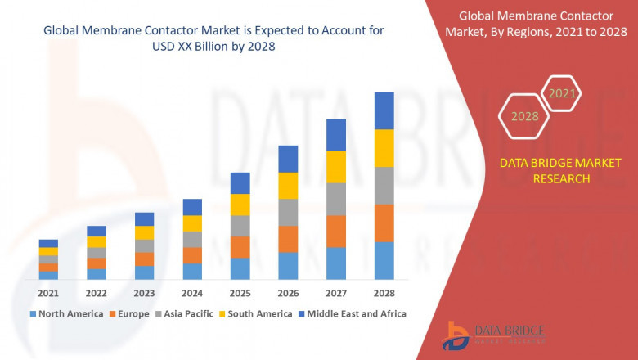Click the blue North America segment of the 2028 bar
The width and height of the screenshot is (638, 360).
384,260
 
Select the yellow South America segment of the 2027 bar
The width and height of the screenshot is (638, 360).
335,167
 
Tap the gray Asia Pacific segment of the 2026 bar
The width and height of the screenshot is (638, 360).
287,212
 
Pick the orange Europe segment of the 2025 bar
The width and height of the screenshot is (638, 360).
240,247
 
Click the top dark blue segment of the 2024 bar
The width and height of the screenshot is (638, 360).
192,207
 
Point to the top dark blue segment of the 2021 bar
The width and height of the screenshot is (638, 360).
48,243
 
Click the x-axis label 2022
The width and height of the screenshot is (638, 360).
96,292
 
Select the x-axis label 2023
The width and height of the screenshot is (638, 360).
144,292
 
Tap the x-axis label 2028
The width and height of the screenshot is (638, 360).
384,292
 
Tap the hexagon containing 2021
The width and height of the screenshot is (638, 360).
562,93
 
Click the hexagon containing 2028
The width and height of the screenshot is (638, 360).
524,116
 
